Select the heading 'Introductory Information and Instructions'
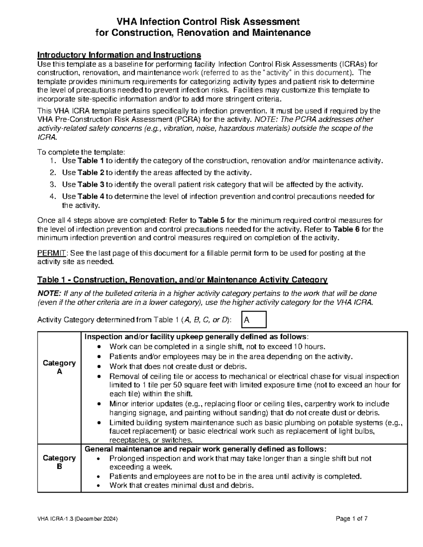click(x=119, y=55)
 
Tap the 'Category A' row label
click(x=59, y=367)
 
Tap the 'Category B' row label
click(x=59, y=462)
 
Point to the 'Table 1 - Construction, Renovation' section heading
click(x=182, y=280)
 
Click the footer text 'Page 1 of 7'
click(x=352, y=519)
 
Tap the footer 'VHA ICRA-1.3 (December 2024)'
click(x=78, y=519)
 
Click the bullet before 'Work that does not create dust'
click(x=101, y=367)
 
